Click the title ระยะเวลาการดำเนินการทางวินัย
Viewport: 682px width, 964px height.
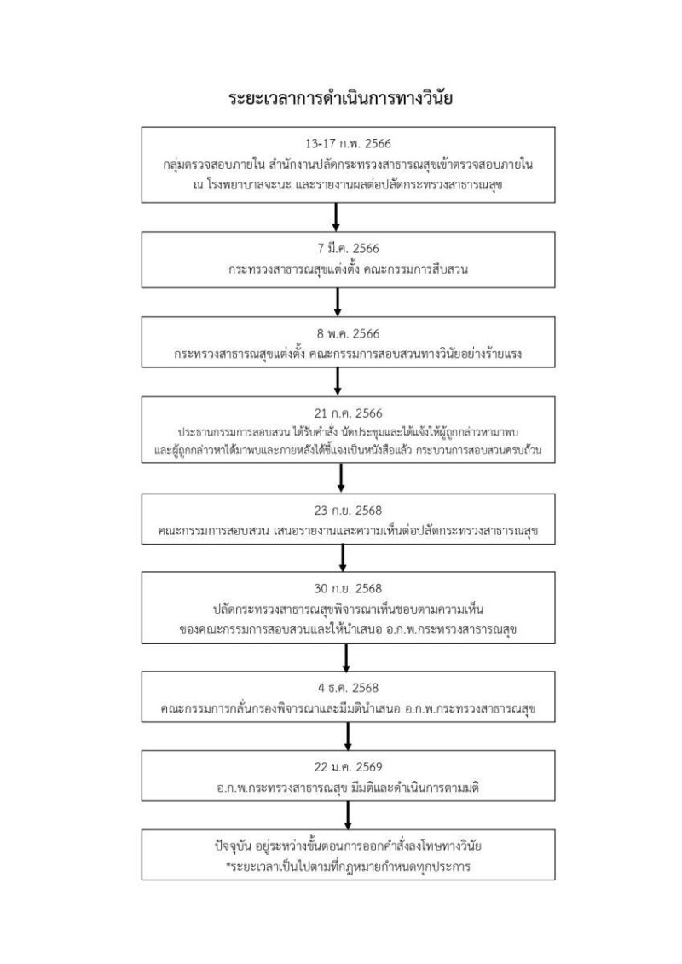point(340,99)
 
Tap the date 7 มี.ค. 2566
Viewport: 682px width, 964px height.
point(340,249)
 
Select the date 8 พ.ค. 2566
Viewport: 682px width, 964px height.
point(340,334)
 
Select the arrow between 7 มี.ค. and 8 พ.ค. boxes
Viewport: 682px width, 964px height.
point(338,302)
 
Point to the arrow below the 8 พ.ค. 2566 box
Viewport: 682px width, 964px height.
point(338,381)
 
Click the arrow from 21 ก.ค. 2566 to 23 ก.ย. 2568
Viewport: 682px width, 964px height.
point(341,477)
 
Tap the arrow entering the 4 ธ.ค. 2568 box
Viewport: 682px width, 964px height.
point(346,657)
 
